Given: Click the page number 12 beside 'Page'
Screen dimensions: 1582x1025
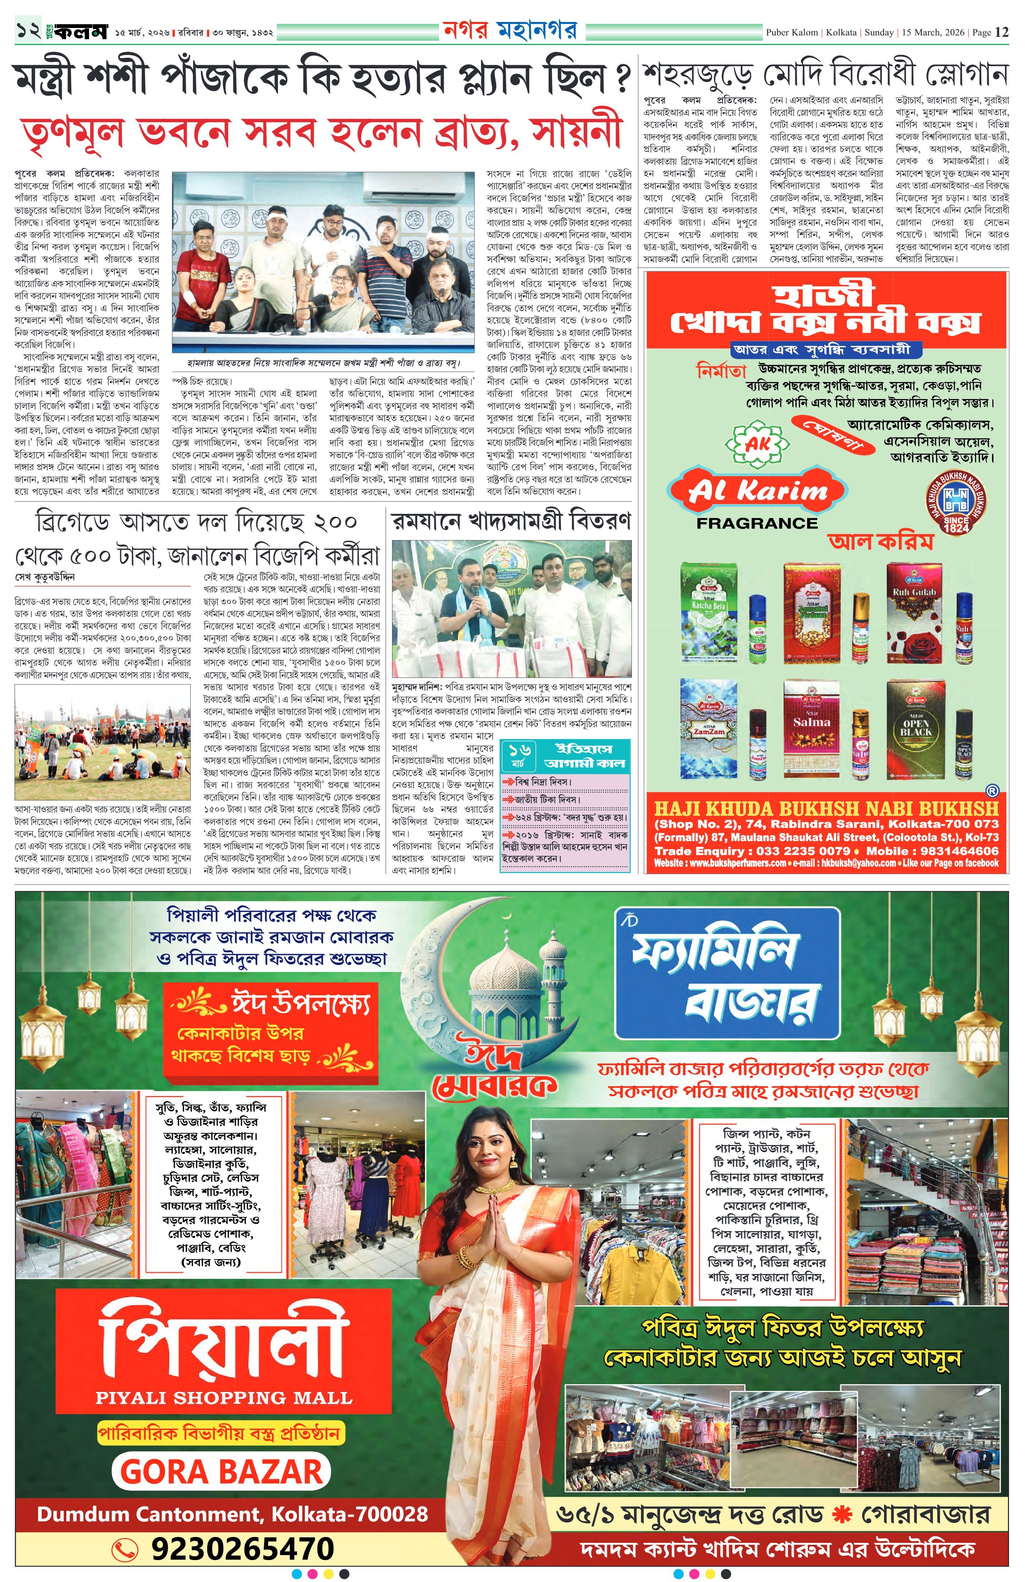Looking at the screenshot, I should click(1002, 32).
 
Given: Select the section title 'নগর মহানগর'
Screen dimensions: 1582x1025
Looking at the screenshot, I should click(510, 30).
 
